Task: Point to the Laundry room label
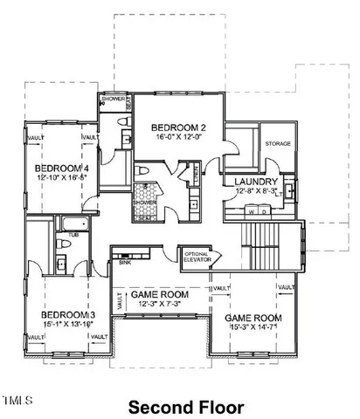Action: pyautogui.click(x=257, y=182)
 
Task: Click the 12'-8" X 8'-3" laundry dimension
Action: pyautogui.click(x=257, y=192)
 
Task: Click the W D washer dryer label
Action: pyautogui.click(x=257, y=211)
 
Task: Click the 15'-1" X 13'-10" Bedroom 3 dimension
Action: pyautogui.click(x=67, y=326)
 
